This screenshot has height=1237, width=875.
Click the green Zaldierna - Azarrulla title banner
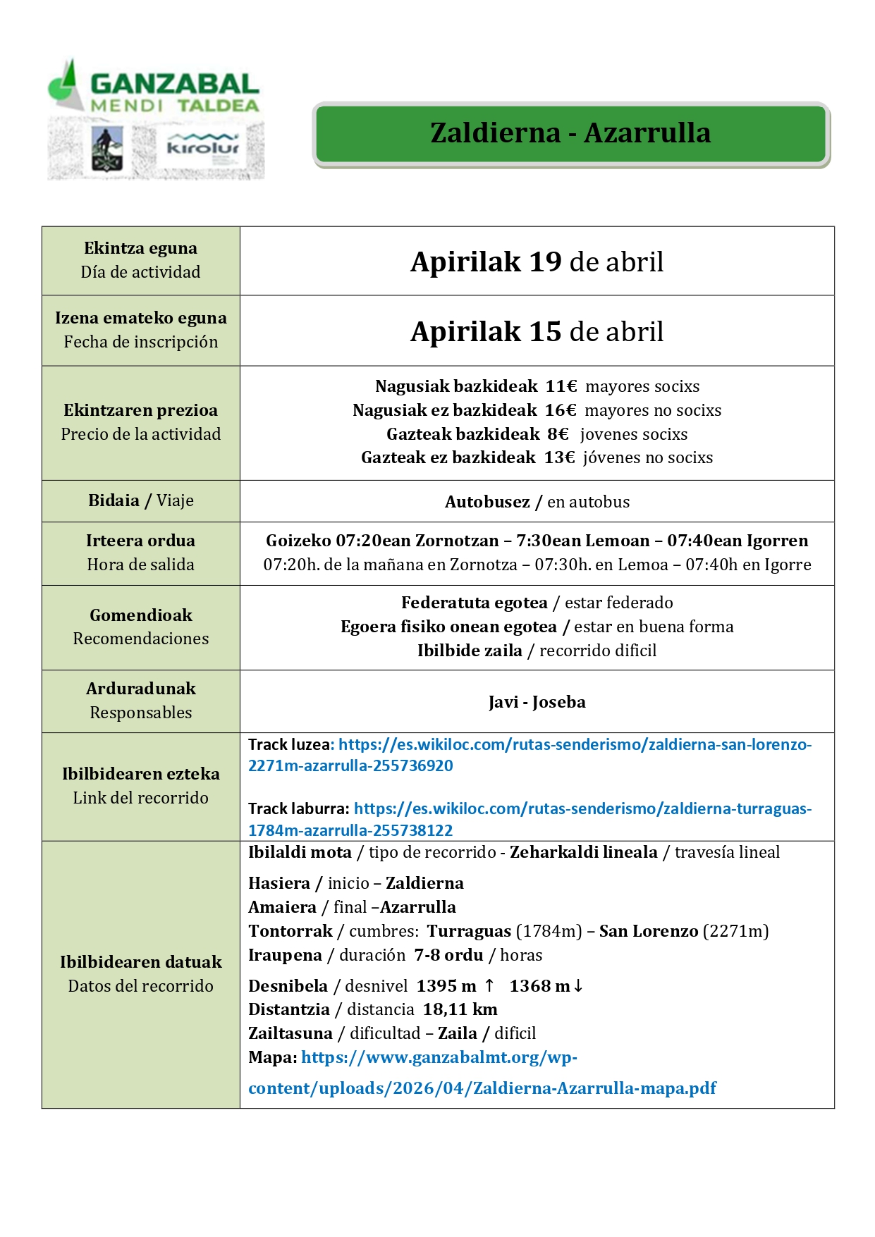[570, 134]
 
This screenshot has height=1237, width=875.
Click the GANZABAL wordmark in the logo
[174, 85]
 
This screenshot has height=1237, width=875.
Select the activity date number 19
[545, 262]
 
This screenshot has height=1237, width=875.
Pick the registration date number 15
[545, 332]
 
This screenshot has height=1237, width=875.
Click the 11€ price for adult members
[561, 386]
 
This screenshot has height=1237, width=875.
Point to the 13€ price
[559, 458]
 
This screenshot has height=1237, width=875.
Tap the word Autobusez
[487, 502]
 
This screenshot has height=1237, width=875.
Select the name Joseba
[559, 702]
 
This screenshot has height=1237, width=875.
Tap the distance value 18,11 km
[460, 1009]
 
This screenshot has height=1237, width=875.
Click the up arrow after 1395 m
[489, 985]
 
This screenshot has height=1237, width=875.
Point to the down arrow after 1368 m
[578, 985]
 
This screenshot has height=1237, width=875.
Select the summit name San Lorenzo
[649, 931]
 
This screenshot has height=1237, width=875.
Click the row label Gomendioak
[141, 615]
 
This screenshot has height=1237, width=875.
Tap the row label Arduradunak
[141, 689]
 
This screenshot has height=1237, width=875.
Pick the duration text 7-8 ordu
[448, 955]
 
